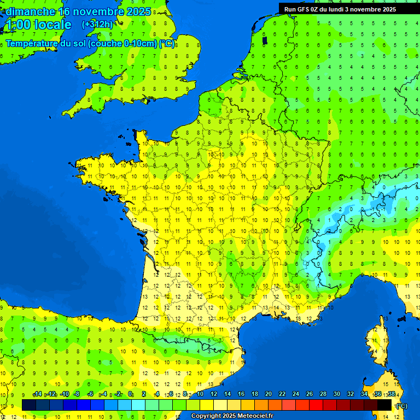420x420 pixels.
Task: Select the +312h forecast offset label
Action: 97,25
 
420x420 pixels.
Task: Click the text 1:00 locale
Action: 38,25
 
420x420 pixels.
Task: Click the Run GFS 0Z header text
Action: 302,9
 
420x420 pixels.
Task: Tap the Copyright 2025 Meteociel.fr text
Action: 232,416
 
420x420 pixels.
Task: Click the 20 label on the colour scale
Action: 269,394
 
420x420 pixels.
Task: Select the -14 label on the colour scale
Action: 37,394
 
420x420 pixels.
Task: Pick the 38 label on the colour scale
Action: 392,394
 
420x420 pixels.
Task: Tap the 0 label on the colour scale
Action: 130,394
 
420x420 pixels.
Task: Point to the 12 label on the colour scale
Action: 213,394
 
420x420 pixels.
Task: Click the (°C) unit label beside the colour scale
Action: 402,405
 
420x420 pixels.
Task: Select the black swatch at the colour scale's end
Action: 385,405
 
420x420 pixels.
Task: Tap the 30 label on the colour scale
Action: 337,394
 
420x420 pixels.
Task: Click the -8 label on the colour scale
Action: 77,394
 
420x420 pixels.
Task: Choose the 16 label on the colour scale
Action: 241,394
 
